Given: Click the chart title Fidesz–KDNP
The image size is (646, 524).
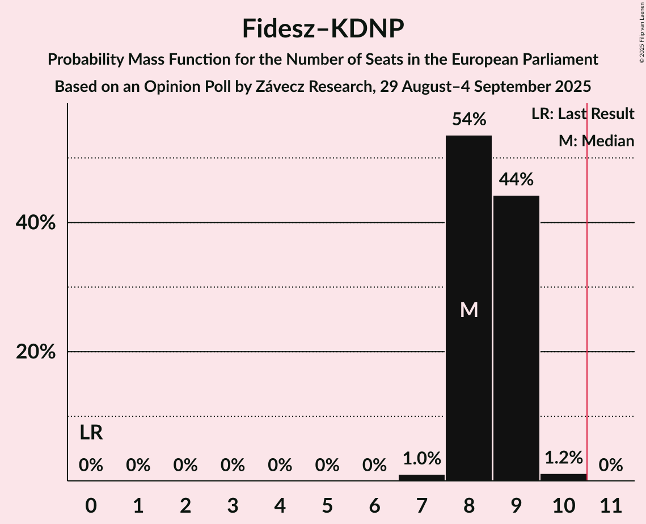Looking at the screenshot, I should (323, 28).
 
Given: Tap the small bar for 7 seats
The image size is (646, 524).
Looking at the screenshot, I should (421, 477).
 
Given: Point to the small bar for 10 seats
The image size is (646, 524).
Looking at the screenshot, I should (563, 477).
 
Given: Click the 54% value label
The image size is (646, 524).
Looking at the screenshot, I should (468, 120).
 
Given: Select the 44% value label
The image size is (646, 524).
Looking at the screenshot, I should (516, 180).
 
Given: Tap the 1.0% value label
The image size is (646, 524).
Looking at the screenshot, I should (421, 458).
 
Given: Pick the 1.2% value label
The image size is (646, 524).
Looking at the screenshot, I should (563, 458).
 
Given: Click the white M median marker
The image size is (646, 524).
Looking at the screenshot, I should (469, 310).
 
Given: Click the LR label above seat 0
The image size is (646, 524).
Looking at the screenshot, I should (91, 433).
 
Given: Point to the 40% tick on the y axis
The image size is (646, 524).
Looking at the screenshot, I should (36, 223).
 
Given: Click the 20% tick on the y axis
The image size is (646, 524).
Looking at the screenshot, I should (36, 352).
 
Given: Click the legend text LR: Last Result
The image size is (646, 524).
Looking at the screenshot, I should (582, 114).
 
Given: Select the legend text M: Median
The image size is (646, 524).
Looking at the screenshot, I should (596, 141).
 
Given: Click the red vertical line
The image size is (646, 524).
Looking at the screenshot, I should (587, 284).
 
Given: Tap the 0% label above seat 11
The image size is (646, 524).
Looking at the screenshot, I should (611, 466).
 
